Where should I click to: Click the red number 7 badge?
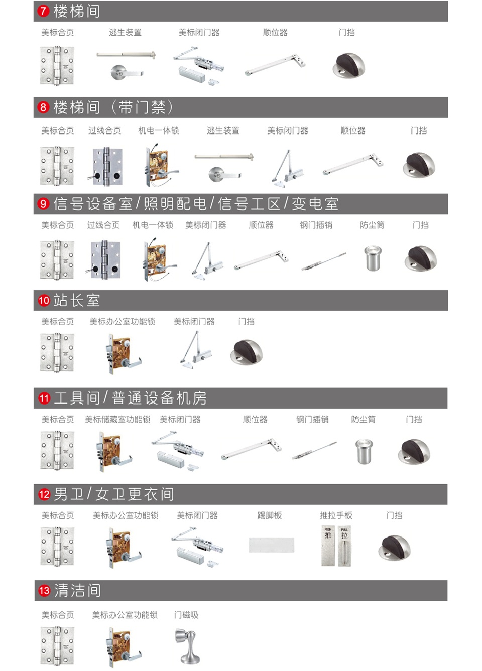[43, 11]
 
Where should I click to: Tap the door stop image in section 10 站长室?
[246, 352]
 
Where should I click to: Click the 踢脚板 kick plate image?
[271, 545]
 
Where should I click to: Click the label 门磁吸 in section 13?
[186, 615]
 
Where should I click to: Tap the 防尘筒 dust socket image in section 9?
[373, 258]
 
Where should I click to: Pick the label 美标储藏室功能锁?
[117, 419]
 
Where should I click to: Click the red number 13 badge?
[44, 590]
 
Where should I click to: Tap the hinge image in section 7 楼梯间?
[57, 65]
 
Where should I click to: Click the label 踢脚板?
[270, 515]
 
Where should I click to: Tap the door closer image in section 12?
[197, 547]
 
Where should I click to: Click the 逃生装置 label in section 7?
[125, 32]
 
